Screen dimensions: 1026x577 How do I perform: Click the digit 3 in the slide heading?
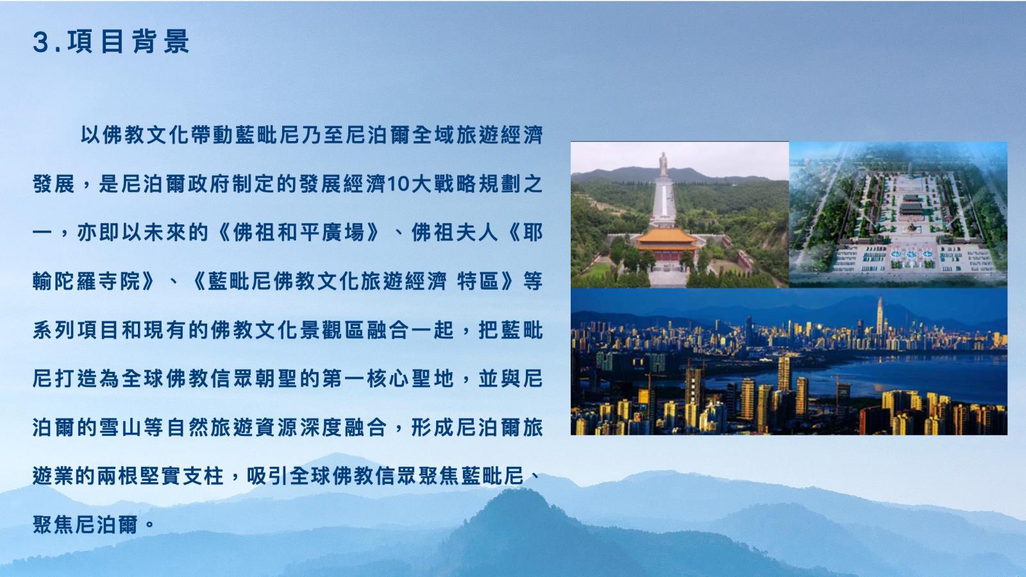pyautogui.click(x=41, y=42)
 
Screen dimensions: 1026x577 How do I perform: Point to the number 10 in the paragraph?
pyautogui.click(x=399, y=184)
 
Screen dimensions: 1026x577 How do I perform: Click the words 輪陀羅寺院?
pyautogui.click(x=87, y=281)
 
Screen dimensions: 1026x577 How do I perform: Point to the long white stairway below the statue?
pyautogui.click(x=664, y=201)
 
